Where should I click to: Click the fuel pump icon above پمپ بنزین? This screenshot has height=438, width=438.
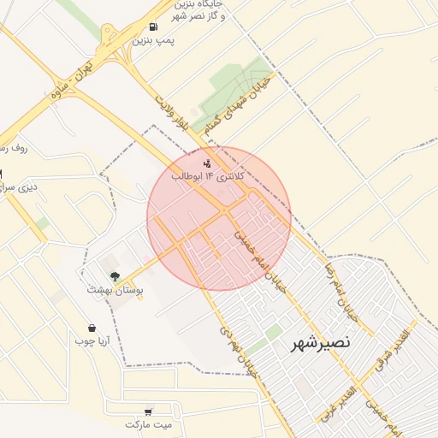coord(152,27)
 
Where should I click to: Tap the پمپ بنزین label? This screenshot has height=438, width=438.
coord(155,39)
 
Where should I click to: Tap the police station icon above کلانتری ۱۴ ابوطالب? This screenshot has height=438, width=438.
coord(206,163)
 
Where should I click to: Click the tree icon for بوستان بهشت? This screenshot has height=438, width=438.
coord(114,275)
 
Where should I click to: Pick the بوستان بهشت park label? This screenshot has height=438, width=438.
coord(115,290)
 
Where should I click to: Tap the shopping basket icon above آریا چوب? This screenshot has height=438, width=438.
coord(92,328)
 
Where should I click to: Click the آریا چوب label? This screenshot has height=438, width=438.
coord(92,341)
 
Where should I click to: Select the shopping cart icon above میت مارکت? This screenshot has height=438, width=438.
coord(150,411)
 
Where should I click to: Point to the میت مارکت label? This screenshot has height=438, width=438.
coord(149,424)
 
